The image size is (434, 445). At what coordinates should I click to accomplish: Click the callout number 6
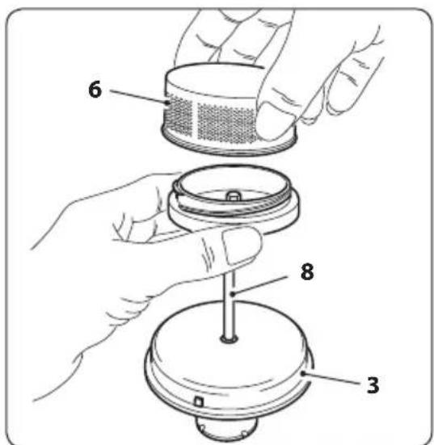[x=95, y=89]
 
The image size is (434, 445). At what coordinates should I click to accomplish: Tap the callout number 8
[x=307, y=271]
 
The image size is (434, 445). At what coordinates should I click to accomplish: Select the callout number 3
[x=373, y=385]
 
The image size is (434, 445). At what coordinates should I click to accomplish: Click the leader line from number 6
[x=139, y=96]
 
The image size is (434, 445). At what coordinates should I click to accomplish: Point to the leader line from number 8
[x=260, y=285]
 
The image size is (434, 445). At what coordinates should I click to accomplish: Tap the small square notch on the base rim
[x=199, y=402]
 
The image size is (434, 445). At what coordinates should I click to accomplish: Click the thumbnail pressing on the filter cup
[x=273, y=121]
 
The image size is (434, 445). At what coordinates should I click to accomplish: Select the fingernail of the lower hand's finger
[x=242, y=245]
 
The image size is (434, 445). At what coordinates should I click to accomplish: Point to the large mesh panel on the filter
[x=226, y=124]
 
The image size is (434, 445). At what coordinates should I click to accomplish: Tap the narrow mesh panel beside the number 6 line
[x=179, y=115]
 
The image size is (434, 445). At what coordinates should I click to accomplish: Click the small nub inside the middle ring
[x=234, y=195]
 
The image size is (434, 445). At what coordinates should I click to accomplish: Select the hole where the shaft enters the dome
[x=230, y=338]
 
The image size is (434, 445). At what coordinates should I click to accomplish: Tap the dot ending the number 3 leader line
[x=304, y=373]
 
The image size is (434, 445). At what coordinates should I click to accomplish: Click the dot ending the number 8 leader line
[x=233, y=294]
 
